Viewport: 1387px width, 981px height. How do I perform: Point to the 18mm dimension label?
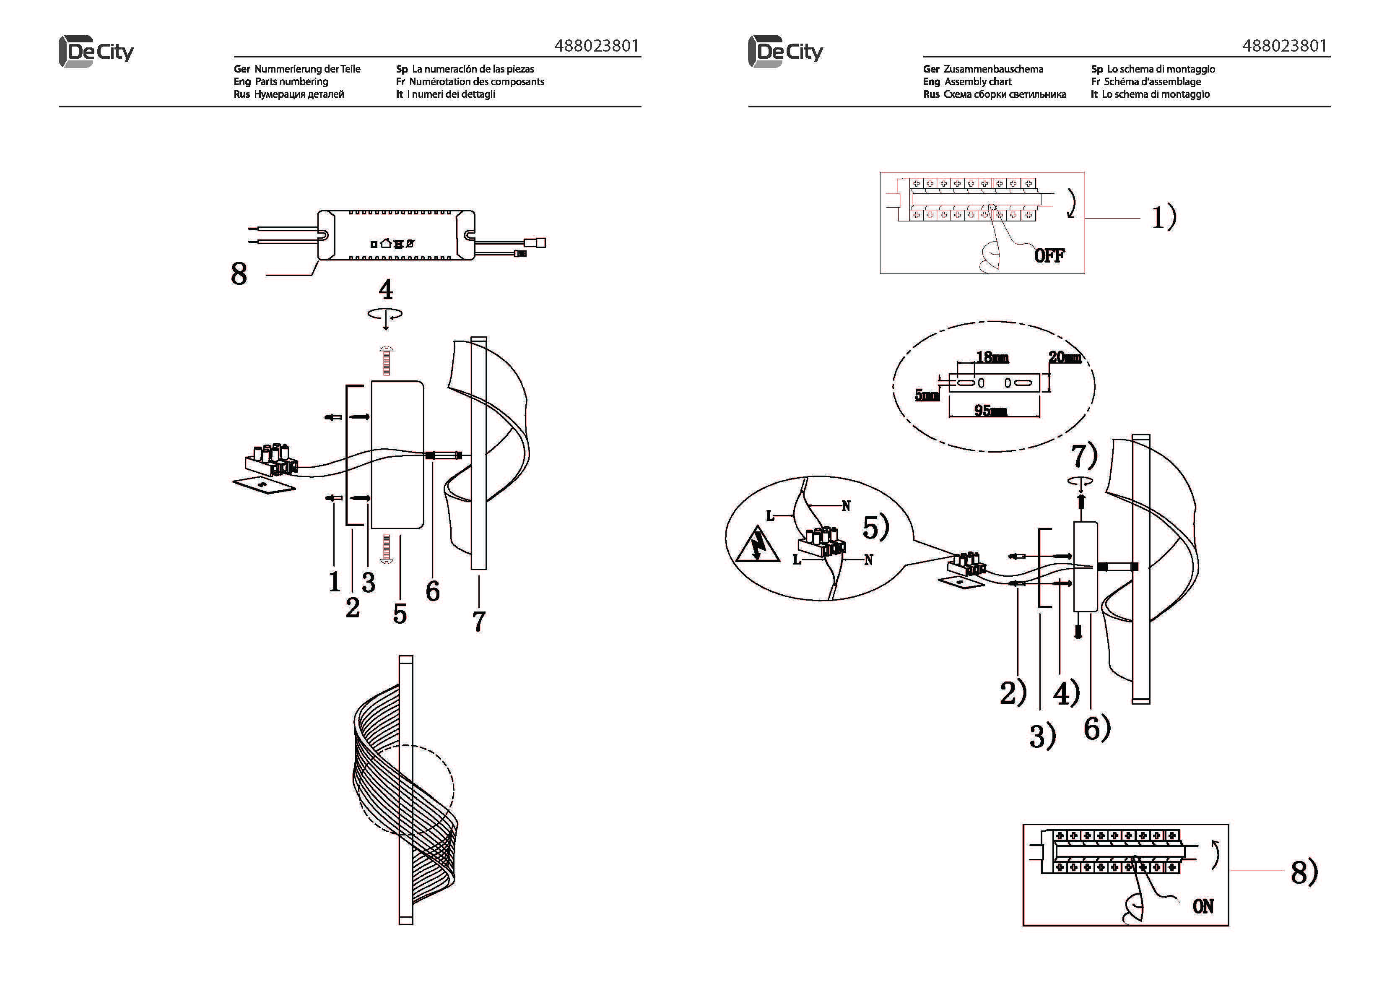[992, 357]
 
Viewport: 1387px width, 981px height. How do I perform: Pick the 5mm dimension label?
[926, 396]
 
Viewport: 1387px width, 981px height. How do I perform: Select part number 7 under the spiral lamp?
[478, 622]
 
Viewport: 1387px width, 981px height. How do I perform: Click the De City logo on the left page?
[97, 52]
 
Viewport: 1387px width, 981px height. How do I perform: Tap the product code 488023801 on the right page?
[1284, 46]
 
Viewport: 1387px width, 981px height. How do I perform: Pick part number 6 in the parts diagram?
[433, 591]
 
